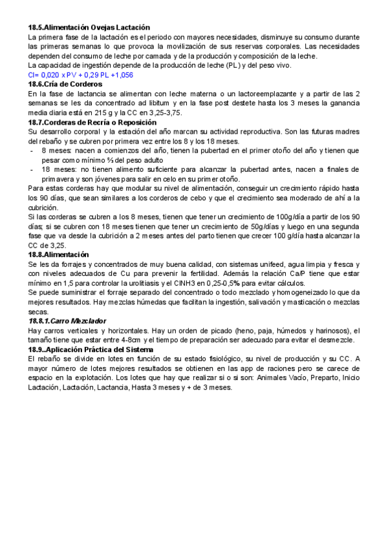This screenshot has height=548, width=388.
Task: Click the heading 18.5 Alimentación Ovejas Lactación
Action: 89,27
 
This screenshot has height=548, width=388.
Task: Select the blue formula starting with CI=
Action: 81,75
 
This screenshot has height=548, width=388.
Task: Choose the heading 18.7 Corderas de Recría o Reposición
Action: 92,122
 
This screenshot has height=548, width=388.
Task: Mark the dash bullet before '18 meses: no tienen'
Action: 32,169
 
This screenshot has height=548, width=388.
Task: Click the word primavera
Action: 59,179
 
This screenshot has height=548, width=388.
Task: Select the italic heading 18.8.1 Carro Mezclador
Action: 68,321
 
